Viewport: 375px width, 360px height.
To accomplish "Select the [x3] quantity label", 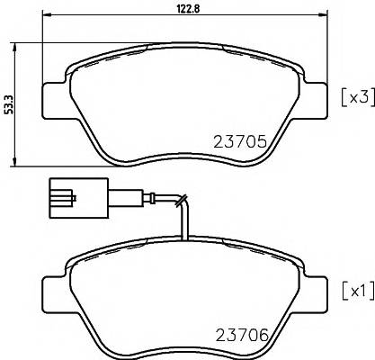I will [356, 96].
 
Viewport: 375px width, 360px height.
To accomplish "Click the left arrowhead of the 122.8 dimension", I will [47, 16].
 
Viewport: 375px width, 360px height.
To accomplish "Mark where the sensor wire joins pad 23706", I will [184, 241].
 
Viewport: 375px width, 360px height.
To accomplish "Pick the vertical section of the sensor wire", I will [184, 220].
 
